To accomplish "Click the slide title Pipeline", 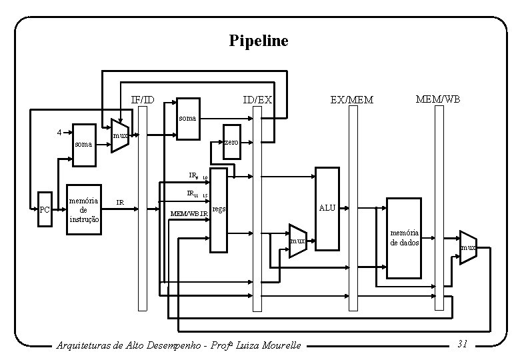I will coord(259,41).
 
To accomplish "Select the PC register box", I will coord(45,211).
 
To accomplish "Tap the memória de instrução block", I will coord(85,209).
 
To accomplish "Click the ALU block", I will coord(327,208).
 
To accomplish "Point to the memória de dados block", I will coord(405,238).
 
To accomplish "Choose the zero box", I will coord(231,143).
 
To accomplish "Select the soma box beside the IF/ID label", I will coord(187,120).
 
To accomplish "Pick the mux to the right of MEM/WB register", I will coord(468,247).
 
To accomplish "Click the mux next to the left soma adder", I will coord(119,137).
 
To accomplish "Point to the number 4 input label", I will coord(60,132).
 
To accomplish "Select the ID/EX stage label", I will coord(257,100).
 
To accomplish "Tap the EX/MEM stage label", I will coord(351,100).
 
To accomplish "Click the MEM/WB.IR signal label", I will coord(189,213).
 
